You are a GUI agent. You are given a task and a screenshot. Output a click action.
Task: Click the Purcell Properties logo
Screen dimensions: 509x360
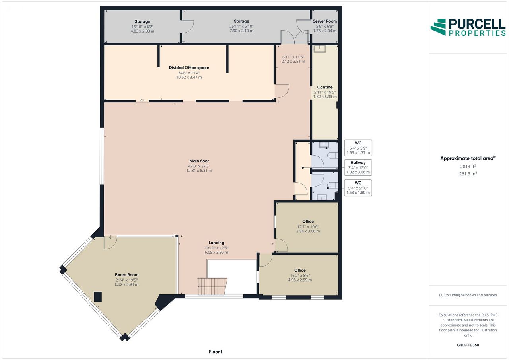click(468, 27)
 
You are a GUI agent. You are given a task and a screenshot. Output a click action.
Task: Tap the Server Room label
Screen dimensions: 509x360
click(325, 21)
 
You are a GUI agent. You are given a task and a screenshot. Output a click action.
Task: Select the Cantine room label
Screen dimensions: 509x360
click(325, 87)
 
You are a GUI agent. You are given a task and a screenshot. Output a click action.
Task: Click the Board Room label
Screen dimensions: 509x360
click(126, 275)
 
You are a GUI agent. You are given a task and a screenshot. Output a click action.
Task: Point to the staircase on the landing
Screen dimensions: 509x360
click(212, 286)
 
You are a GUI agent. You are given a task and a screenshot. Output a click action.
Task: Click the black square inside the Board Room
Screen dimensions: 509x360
click(98, 297)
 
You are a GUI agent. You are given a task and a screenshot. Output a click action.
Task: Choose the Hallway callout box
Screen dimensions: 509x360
click(358, 167)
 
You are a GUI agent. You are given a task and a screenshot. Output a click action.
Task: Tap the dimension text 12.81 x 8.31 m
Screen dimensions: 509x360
click(199, 171)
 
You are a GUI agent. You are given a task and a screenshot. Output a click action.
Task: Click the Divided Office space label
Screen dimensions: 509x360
click(189, 68)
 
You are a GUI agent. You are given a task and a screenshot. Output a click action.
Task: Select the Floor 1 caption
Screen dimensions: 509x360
click(216, 352)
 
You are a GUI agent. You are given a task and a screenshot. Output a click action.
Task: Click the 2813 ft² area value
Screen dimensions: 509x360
click(468, 167)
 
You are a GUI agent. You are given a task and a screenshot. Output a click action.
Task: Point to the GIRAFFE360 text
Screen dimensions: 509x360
click(468, 345)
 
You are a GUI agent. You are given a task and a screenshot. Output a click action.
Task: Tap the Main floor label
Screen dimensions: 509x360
click(199, 161)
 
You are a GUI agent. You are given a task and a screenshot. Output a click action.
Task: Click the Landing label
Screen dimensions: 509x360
click(217, 243)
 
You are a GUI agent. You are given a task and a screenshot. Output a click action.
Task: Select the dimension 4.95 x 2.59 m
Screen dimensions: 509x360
click(300, 280)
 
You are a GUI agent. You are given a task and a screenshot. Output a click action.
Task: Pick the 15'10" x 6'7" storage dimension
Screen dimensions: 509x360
click(142, 27)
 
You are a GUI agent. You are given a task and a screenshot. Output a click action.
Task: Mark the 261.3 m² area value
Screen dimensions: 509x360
click(468, 174)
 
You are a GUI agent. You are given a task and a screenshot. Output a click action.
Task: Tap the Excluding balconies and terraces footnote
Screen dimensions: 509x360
click(468, 295)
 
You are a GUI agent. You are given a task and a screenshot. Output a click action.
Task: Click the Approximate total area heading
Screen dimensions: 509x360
click(468, 158)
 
